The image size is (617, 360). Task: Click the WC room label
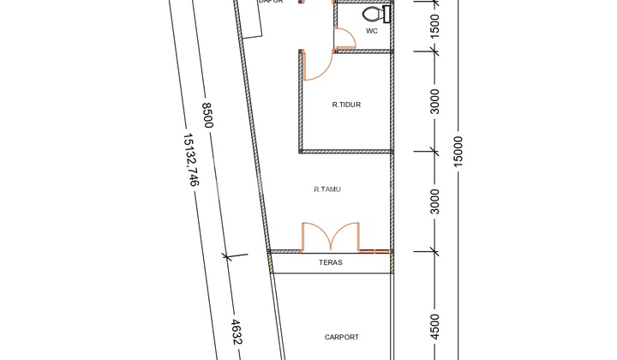pyautogui.click(x=372, y=31)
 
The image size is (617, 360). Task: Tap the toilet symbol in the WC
pyautogui.click(x=374, y=15)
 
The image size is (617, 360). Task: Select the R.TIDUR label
pyautogui.click(x=346, y=105)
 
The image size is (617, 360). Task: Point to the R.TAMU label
pyautogui.click(x=327, y=189)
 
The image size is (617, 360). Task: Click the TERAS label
pyautogui.click(x=331, y=263)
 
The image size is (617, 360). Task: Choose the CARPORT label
pyautogui.click(x=342, y=338)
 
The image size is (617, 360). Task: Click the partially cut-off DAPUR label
pyautogui.click(x=271, y=3)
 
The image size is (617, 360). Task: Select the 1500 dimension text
pyautogui.click(x=434, y=26)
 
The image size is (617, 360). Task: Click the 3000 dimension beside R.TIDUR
pyautogui.click(x=434, y=101)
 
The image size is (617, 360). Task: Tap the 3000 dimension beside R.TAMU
pyautogui.click(x=434, y=201)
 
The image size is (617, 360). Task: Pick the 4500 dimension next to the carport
pyautogui.click(x=434, y=328)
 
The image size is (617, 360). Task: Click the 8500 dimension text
pyautogui.click(x=207, y=116)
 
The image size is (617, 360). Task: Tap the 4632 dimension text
pyautogui.click(x=237, y=333)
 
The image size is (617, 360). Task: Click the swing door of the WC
pyautogui.click(x=344, y=39)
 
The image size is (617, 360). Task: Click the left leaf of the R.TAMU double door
pyautogui.click(x=314, y=237)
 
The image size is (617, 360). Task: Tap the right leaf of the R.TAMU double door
pyautogui.click(x=347, y=237)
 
